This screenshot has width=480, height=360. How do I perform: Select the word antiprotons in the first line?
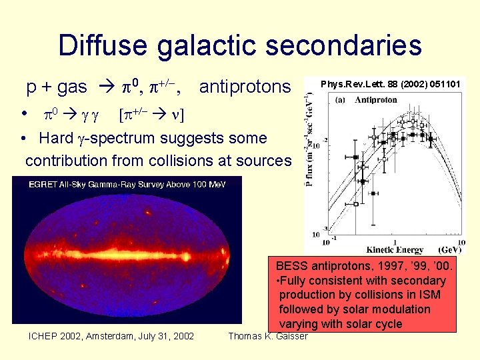point(245,87)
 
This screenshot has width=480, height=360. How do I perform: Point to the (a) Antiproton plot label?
point(367,100)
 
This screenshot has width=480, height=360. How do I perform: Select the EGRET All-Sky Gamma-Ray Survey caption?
point(127,184)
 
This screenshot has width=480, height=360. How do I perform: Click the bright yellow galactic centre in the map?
point(127,255)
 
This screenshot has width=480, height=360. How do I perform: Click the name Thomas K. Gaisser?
point(268,336)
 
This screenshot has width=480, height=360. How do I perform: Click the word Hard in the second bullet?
point(56,139)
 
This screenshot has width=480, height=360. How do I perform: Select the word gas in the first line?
point(72,87)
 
